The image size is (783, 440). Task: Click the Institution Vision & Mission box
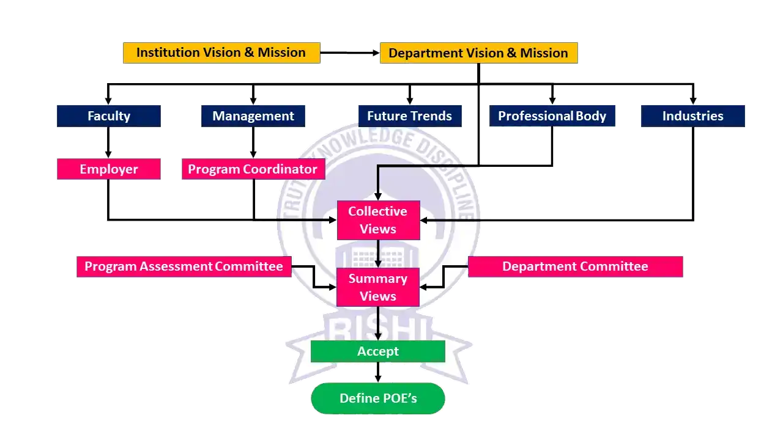(x=221, y=53)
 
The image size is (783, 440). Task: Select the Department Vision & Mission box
(x=478, y=53)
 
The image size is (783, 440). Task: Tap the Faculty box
(x=108, y=116)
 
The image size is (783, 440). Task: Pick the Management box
(x=253, y=116)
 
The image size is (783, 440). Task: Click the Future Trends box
(x=409, y=116)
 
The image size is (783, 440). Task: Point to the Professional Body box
(x=552, y=116)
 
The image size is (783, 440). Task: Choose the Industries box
(x=692, y=116)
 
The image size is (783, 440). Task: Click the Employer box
(x=108, y=169)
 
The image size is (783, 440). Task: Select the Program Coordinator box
(x=253, y=169)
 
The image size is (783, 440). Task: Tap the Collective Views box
(x=378, y=220)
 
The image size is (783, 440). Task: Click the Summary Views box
(x=378, y=287)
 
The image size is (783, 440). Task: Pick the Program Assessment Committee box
(x=184, y=266)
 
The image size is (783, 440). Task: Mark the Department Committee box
(x=575, y=266)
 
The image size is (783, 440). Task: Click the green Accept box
(x=378, y=351)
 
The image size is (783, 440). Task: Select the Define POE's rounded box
(x=378, y=398)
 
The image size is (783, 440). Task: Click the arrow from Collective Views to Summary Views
(x=378, y=254)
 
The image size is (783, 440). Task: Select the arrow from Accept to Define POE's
(x=378, y=372)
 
